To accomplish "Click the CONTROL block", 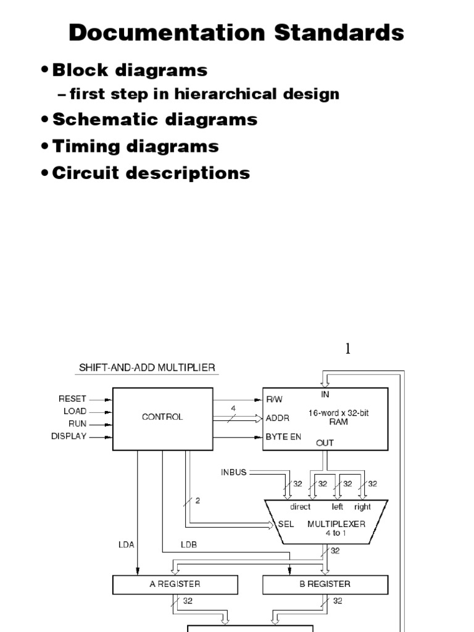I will click(162, 418).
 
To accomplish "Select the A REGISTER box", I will click(175, 584).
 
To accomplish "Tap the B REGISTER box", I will click(325, 584).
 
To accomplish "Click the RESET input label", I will click(73, 399).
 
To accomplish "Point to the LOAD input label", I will click(75, 411).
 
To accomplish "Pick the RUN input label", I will click(78, 424).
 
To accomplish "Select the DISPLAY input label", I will click(69, 436).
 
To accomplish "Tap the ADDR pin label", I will click(278, 418).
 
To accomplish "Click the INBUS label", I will click(233, 473).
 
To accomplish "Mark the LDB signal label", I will click(188, 544).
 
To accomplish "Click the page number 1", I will click(347, 349).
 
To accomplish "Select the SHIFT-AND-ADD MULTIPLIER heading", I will click(146, 368).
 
